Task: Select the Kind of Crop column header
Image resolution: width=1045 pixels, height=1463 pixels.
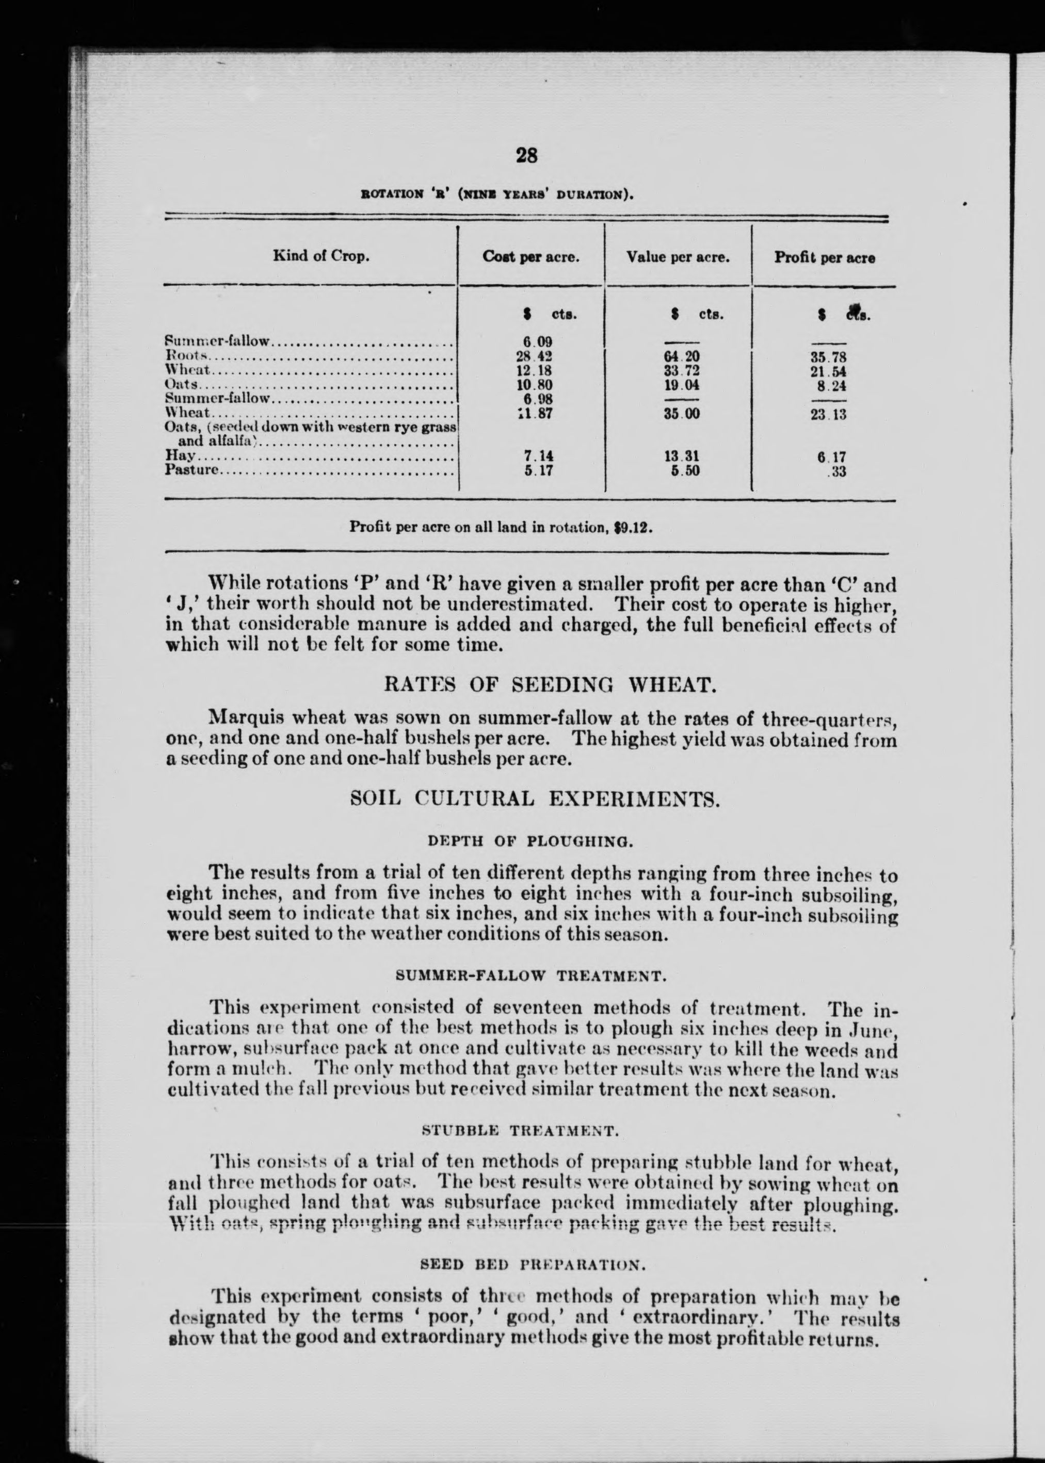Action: coord(320,256)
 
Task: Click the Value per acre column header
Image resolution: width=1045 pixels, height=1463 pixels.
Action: coord(678,257)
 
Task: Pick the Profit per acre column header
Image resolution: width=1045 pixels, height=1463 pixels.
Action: coord(824,258)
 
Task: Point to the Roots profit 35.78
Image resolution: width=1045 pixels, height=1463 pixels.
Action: coord(828,358)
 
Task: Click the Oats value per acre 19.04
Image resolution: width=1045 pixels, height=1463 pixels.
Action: coord(681,385)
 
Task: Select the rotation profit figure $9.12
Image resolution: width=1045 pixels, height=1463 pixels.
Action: coord(634,528)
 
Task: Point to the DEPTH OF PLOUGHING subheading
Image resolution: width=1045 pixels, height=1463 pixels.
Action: coord(531,841)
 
